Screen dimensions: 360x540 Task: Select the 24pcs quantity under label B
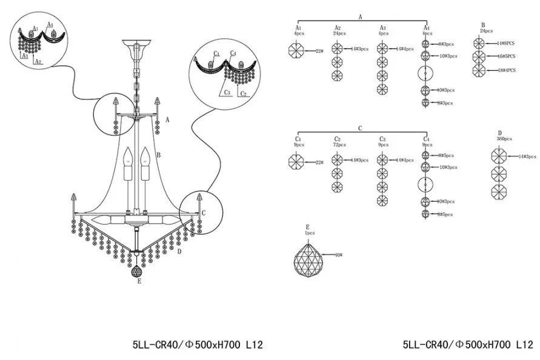pyautogui.click(x=485, y=30)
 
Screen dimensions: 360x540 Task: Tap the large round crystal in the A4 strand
pyautogui.click(x=427, y=74)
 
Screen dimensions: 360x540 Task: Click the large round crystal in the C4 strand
pyautogui.click(x=427, y=184)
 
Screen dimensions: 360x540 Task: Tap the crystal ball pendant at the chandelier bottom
pyautogui.click(x=138, y=271)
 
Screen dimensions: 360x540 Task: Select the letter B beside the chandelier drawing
pyautogui.click(x=158, y=156)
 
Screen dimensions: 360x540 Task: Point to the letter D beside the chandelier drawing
pyautogui.click(x=179, y=251)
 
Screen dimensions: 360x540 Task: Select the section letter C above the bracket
pyautogui.click(x=360, y=128)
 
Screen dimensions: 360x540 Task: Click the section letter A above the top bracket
pyautogui.click(x=360, y=18)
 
